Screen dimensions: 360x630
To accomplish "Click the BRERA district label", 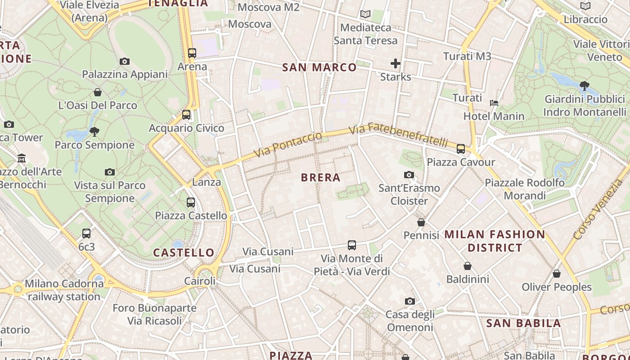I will click(320, 178).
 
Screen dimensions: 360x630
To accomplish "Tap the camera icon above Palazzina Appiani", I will click(125, 61).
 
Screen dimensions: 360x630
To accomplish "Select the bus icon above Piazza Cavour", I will click(460, 149).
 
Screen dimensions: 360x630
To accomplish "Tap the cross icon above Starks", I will click(396, 63).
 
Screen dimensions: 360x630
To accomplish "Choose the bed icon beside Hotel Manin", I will click(494, 103).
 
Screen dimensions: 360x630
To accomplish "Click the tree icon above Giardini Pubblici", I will click(584, 85).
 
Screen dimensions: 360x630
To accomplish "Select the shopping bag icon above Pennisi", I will click(421, 222).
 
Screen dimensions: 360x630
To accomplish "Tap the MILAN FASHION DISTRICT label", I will click(495, 241).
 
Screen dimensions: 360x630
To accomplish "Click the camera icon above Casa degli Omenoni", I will click(409, 301).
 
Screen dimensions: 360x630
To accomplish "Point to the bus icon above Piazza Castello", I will click(191, 202).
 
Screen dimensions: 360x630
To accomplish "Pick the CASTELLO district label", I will click(184, 252).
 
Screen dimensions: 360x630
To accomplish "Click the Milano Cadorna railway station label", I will click(64, 290).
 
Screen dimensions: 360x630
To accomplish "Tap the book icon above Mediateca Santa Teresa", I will click(365, 14).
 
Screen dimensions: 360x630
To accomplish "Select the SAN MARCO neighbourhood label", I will click(319, 67).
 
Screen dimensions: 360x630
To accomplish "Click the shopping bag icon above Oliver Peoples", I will click(557, 274).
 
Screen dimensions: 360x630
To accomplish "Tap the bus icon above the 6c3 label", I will click(86, 234).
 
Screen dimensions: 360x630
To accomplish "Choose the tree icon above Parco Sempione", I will click(94, 132).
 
